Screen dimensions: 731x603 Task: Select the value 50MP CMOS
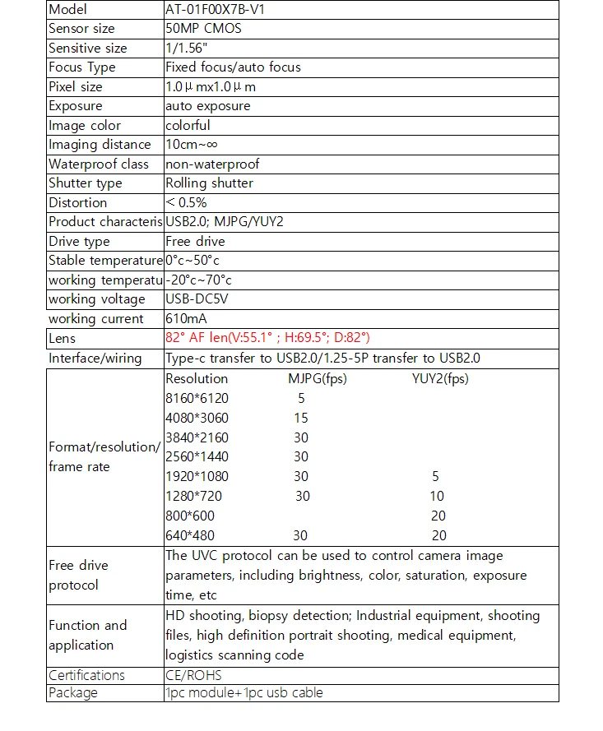(x=203, y=29)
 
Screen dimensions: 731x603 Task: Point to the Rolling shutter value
(x=209, y=183)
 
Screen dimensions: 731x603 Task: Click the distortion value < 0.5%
(x=186, y=202)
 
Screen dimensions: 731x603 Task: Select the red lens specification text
(x=267, y=338)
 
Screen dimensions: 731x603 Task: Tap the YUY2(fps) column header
(x=440, y=379)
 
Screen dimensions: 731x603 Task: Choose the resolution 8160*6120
(x=197, y=399)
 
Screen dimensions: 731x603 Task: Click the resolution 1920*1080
(x=197, y=477)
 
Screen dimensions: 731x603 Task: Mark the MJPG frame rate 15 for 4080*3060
(x=301, y=419)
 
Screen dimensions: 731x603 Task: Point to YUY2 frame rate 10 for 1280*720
(x=437, y=496)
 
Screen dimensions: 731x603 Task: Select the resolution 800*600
(x=190, y=516)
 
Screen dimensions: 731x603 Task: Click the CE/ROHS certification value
(x=193, y=675)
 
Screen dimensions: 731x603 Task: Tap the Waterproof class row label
(x=99, y=164)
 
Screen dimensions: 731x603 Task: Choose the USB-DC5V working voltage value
(x=197, y=299)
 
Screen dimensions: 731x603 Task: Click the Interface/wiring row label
(x=95, y=359)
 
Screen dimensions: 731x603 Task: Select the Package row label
(x=73, y=692)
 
